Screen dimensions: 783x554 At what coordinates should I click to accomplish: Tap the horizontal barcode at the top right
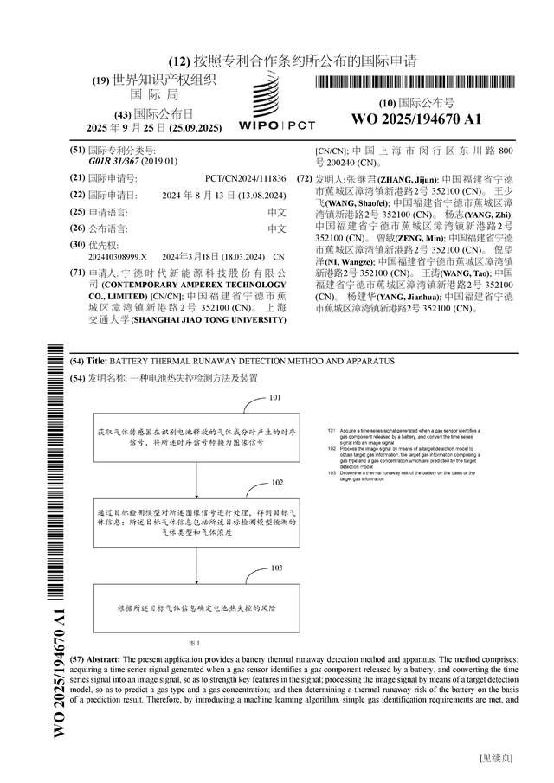(x=415, y=84)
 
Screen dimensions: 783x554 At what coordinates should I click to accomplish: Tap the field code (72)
(x=304, y=179)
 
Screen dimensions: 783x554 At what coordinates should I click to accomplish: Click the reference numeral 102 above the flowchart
(x=277, y=482)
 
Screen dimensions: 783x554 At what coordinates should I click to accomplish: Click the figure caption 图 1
(x=195, y=644)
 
